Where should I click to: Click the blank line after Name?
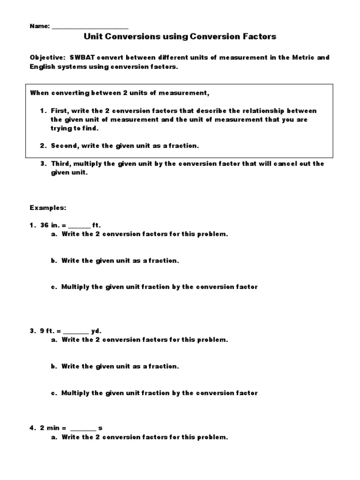point(90,27)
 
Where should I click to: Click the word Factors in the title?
point(257,36)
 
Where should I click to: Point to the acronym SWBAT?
point(82,57)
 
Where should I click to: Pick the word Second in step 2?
point(64,146)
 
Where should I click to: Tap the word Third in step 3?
point(60,164)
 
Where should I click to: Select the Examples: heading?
point(48,207)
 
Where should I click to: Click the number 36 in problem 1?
point(45,225)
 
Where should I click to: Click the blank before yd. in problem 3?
point(75,331)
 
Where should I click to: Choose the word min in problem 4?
point(53,428)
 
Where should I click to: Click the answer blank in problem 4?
point(83,428)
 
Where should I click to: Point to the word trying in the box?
point(62,128)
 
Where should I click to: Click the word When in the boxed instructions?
point(40,92)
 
